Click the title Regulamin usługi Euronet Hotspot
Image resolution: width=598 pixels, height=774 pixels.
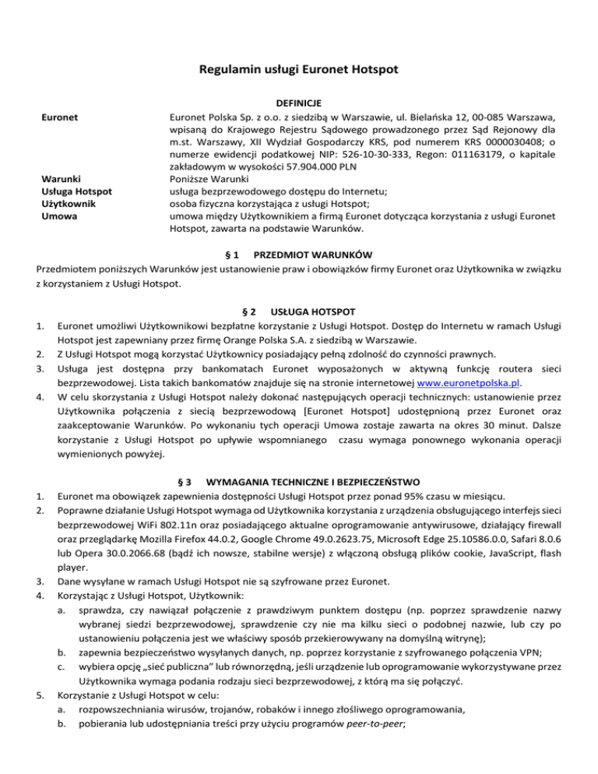tap(299, 71)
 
